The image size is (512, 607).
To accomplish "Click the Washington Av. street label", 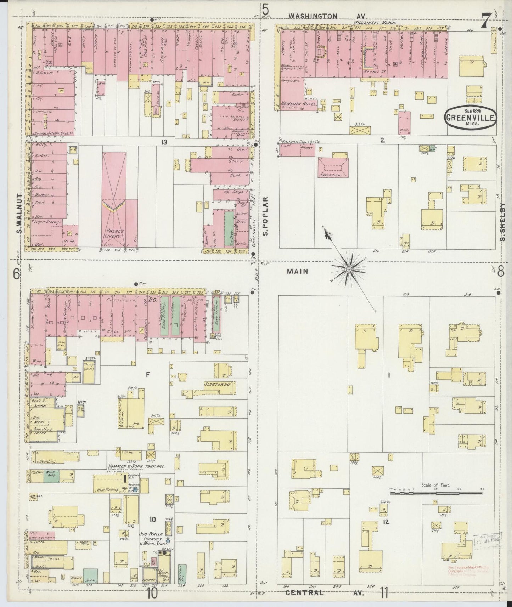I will coord(328,16).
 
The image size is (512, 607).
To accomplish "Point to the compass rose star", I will coord(349,270).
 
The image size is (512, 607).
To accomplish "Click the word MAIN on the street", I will coord(298,271).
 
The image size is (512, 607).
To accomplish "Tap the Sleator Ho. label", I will coord(218,384).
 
